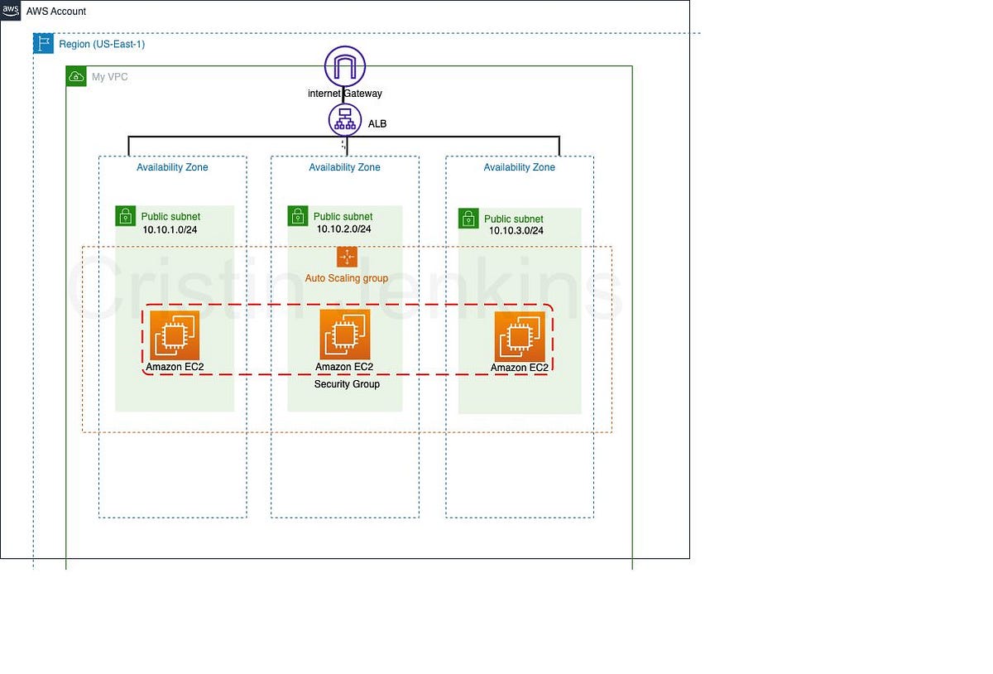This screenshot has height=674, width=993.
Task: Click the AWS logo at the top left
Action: (x=11, y=11)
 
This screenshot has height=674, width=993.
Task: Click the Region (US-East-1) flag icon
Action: (x=43, y=44)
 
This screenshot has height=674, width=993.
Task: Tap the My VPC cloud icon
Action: (x=76, y=77)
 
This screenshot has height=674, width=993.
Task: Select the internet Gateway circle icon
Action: (x=345, y=66)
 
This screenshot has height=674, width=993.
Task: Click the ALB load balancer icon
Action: (x=345, y=120)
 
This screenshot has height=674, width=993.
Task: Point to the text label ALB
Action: (x=377, y=124)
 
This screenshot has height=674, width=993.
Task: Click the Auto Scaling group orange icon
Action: (x=347, y=257)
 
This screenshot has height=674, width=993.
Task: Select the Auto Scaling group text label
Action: (x=347, y=278)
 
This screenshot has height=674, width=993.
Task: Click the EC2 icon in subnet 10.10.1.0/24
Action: (x=175, y=335)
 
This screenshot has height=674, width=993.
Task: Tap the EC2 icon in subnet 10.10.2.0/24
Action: (x=345, y=335)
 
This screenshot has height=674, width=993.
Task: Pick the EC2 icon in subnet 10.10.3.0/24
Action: (x=520, y=337)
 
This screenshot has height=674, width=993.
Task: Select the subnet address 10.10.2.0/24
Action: (x=343, y=229)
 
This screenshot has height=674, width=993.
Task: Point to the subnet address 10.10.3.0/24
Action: (x=516, y=231)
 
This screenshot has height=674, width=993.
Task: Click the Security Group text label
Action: (x=347, y=384)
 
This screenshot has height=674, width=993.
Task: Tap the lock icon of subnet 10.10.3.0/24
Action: (x=468, y=219)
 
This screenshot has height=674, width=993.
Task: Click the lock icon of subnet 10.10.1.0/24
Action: (x=125, y=216)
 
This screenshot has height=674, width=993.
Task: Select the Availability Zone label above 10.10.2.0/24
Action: (x=344, y=167)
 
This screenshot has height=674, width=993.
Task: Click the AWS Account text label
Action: (x=56, y=12)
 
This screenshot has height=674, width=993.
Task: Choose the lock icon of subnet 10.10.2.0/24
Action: (x=298, y=216)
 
